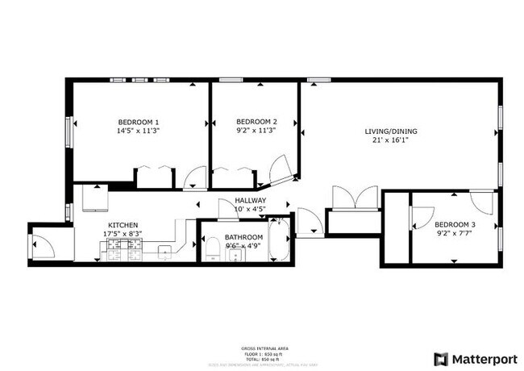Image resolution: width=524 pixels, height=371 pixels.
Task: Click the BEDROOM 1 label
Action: click(138, 122)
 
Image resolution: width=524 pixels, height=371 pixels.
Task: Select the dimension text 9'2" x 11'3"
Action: click(256, 131)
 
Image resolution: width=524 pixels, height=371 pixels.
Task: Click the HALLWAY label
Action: click(250, 201)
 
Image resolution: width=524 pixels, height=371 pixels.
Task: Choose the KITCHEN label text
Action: click(123, 225)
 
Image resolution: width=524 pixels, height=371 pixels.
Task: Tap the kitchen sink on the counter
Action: click(164, 252)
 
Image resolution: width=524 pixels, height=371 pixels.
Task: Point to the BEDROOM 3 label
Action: click(455, 225)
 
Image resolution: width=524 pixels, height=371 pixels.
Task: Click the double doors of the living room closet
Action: click(354, 198)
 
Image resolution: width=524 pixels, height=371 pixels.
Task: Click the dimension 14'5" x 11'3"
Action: click(138, 131)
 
